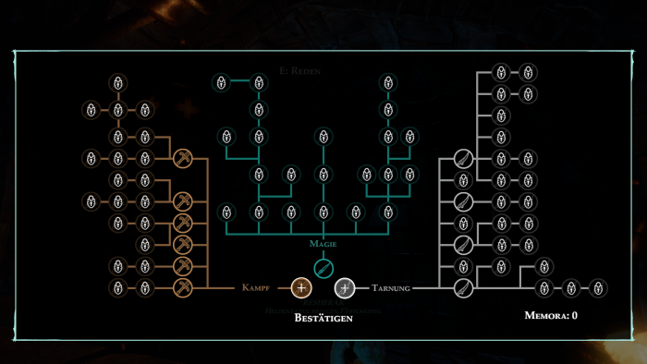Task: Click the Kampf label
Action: click(x=256, y=288)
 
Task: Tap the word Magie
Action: click(x=323, y=244)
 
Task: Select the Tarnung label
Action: click(x=390, y=288)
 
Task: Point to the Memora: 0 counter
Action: click(x=550, y=315)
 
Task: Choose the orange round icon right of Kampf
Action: click(x=300, y=288)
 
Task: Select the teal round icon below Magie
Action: click(x=323, y=267)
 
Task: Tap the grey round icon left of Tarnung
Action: click(x=345, y=288)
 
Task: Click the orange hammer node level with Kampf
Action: click(x=183, y=288)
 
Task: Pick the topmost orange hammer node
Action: click(x=183, y=158)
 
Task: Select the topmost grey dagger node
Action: click(x=463, y=159)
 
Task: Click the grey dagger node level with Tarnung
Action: click(x=463, y=288)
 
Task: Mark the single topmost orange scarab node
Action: click(x=118, y=83)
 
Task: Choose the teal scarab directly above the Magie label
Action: click(x=323, y=212)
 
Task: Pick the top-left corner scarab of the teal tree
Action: click(x=221, y=83)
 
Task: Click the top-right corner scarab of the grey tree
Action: click(x=528, y=72)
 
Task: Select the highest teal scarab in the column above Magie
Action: click(x=323, y=137)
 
